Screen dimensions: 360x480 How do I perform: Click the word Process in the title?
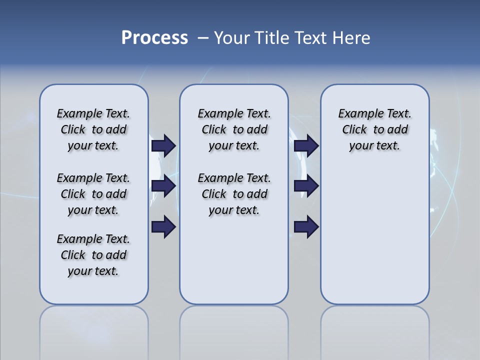click(x=154, y=37)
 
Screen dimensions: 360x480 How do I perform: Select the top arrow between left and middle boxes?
click(x=163, y=145)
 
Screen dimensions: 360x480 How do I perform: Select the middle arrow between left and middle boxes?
click(x=163, y=186)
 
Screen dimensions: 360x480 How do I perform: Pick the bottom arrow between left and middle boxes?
click(x=163, y=227)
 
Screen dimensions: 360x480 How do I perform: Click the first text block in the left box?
click(x=93, y=129)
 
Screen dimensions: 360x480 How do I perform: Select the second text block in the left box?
click(x=93, y=194)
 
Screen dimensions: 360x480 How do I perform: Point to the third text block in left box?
click(x=93, y=255)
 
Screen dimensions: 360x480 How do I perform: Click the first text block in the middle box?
click(x=234, y=129)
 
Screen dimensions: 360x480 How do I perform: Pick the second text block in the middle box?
click(x=234, y=194)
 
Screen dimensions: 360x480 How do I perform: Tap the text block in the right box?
click(x=374, y=129)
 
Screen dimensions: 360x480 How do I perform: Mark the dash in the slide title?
click(x=203, y=37)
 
